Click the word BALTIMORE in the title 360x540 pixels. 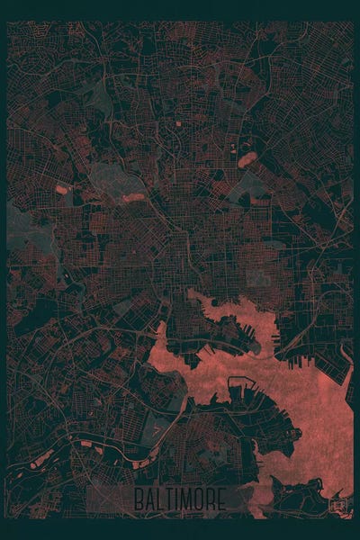181,499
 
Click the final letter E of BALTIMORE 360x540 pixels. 221,499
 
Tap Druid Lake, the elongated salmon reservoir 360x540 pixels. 132,197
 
